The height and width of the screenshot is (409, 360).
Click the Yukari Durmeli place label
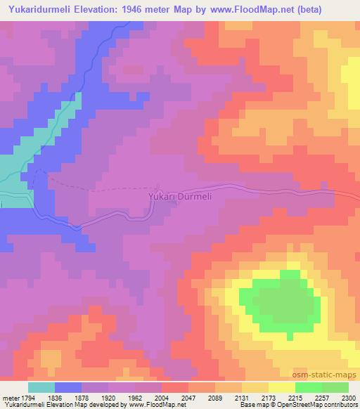point(180,197)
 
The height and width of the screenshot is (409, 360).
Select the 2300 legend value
point(348,397)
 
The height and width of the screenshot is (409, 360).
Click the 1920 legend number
point(108,397)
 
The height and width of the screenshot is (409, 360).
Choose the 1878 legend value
point(82,397)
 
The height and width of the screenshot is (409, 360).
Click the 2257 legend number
point(321,397)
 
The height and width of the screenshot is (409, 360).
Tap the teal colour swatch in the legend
point(41,387)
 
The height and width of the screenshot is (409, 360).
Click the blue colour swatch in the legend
point(68,387)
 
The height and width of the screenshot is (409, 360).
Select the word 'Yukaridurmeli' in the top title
point(39,11)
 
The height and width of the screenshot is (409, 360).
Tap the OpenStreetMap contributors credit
point(317,405)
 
